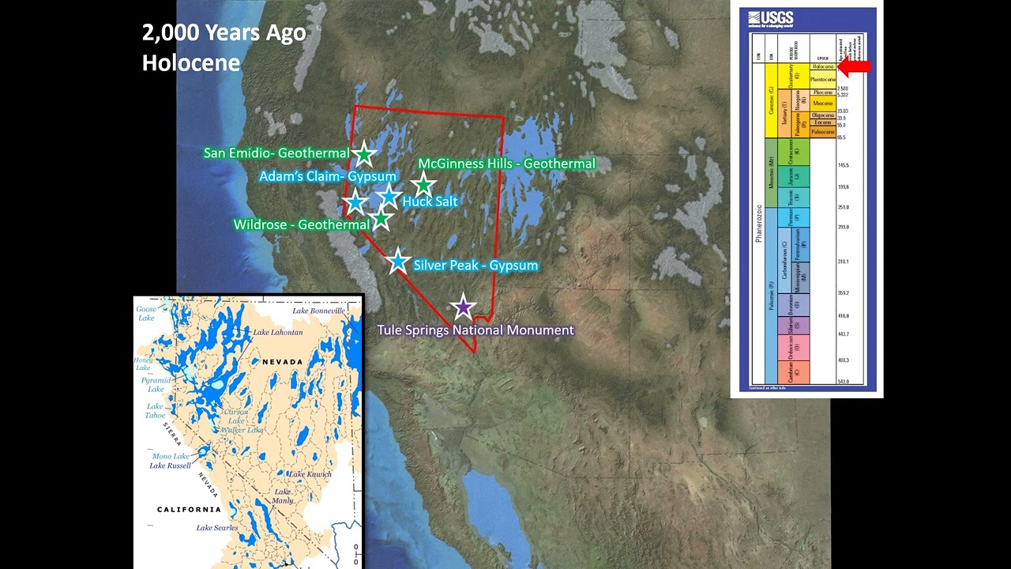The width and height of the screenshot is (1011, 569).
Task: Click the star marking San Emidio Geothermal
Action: (363, 154)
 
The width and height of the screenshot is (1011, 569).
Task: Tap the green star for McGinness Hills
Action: (423, 185)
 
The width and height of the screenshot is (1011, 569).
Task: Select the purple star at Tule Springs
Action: (462, 307)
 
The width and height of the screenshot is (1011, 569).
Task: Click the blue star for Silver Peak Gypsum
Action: (397, 261)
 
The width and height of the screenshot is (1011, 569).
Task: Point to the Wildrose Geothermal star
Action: (381, 219)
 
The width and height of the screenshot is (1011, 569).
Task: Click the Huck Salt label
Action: (430, 202)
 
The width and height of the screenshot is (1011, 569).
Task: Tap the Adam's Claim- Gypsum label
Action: (328, 176)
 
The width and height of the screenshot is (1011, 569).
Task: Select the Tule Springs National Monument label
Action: (475, 330)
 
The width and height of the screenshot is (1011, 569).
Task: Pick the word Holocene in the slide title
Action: (191, 62)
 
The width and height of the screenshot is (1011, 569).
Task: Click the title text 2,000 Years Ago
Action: (224, 33)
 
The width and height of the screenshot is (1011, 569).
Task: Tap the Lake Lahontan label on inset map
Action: (277, 333)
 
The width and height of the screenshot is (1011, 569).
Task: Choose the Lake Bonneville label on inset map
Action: (319, 311)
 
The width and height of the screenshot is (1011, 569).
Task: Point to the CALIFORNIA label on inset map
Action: (189, 510)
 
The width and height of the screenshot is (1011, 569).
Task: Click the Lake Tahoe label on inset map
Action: (155, 411)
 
